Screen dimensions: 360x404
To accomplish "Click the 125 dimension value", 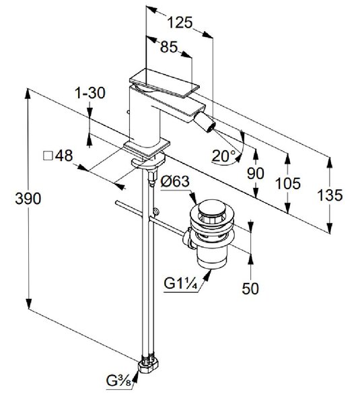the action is tap(180, 22).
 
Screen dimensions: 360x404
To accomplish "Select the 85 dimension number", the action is tap(169, 47).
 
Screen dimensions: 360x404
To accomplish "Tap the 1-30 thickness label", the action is tap(90, 93).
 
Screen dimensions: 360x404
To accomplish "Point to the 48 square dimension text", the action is tap(64, 156).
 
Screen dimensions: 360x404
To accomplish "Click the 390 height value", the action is tap(28, 199).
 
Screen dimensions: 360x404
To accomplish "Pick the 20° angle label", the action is tap(223, 156).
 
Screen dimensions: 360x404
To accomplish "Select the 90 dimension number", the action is tap(256, 173).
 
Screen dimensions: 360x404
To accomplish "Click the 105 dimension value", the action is tap(287, 183).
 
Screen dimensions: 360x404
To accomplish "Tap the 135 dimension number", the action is tap(330, 195).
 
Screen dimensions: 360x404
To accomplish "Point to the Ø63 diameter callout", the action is tap(175, 181).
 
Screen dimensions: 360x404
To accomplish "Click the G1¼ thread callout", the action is tap(181, 284).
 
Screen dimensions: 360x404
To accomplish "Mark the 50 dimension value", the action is tap(250, 288).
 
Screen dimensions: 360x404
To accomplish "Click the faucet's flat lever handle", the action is tap(165, 83).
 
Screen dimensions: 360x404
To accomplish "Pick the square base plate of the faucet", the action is tap(147, 147).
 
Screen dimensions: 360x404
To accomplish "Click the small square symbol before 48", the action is tap(48, 156).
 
